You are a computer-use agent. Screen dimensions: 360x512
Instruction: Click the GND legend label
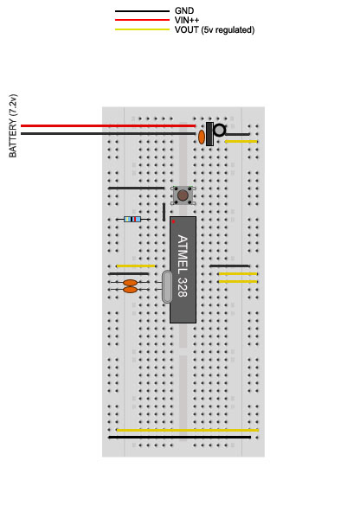pyautogui.click(x=184, y=10)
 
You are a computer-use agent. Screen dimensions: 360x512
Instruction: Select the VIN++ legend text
pyautogui.click(x=187, y=20)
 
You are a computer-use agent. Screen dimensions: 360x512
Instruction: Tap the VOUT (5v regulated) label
pyautogui.click(x=215, y=30)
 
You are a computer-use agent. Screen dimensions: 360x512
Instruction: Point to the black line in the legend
pyautogui.click(x=142, y=11)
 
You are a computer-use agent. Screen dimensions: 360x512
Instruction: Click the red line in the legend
pyautogui.click(x=142, y=20)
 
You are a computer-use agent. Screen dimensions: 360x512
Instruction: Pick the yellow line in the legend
pyautogui.click(x=142, y=29)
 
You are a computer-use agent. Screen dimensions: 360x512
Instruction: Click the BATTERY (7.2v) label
pyautogui.click(x=13, y=125)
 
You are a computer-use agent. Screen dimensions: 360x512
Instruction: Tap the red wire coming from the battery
pyautogui.click(x=108, y=125)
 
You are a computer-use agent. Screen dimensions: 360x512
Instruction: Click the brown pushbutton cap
pyautogui.click(x=183, y=195)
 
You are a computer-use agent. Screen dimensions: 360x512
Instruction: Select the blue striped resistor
pyautogui.click(x=132, y=219)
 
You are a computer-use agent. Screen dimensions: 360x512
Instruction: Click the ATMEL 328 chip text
pyautogui.click(x=183, y=266)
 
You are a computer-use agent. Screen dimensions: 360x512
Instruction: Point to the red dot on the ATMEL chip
pyautogui.click(x=173, y=221)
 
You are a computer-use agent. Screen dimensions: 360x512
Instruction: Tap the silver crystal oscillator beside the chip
pyautogui.click(x=167, y=286)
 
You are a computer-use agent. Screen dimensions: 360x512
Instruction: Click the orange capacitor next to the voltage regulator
pyautogui.click(x=202, y=138)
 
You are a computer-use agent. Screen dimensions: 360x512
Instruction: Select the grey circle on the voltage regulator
pyautogui.click(x=219, y=131)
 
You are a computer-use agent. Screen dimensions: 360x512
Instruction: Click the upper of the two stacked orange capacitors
pyautogui.click(x=130, y=283)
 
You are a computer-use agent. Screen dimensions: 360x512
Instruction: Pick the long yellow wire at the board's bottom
pyautogui.click(x=188, y=431)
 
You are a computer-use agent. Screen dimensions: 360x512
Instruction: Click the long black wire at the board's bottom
pyautogui.click(x=180, y=438)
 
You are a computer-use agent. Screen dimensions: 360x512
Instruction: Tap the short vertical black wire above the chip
pyautogui.click(x=164, y=212)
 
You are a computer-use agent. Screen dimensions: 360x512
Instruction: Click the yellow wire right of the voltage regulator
pyautogui.click(x=241, y=141)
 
